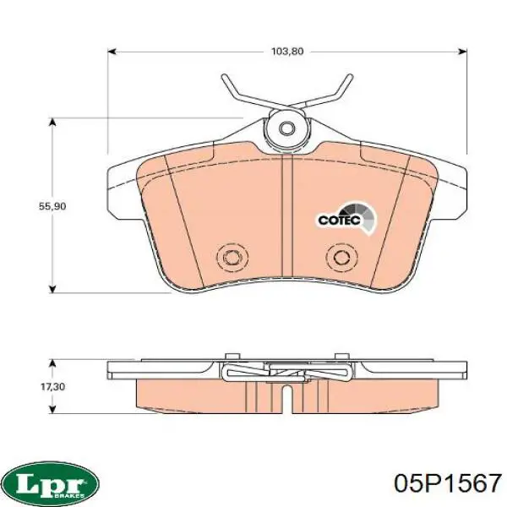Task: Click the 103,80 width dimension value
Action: tap(287, 52)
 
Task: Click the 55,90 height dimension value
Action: tap(52, 206)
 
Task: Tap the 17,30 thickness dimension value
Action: tap(52, 387)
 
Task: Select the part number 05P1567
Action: tap(448, 483)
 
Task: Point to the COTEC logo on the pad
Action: tap(346, 219)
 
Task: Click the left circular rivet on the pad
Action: tap(232, 257)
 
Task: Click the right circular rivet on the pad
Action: tap(342, 257)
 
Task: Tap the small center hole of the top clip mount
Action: tap(286, 128)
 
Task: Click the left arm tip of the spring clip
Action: tap(224, 77)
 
